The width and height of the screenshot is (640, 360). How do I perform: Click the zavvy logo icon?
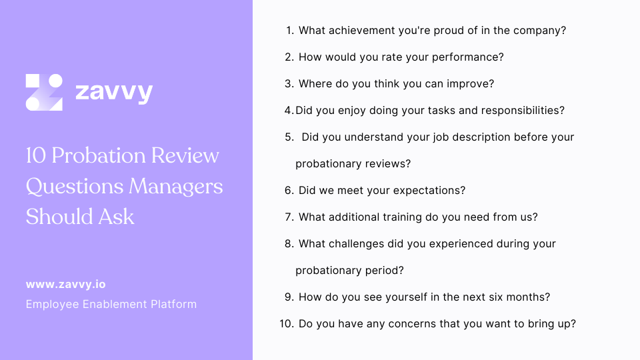click(x=44, y=92)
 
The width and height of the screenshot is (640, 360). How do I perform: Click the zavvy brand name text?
click(x=114, y=92)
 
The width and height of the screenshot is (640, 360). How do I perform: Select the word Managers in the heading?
click(x=176, y=186)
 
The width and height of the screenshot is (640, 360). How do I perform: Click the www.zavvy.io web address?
click(x=65, y=284)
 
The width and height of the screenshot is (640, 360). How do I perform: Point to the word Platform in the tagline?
click(x=175, y=304)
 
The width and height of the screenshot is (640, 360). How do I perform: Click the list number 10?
click(x=287, y=324)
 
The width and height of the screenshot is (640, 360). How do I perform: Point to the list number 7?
click(x=289, y=217)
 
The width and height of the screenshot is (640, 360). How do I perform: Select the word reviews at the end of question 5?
click(x=392, y=164)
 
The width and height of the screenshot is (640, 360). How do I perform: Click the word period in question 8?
click(x=387, y=271)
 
